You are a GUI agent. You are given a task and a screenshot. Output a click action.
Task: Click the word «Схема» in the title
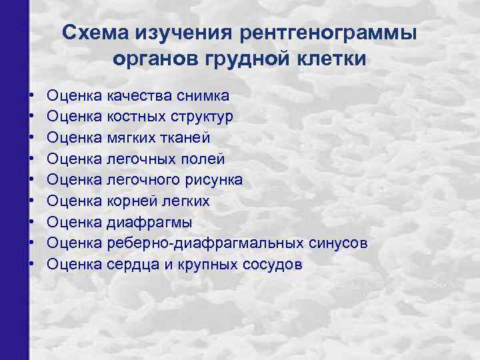coord(96,33)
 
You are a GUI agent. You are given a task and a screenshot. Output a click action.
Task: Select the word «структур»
coord(200,117)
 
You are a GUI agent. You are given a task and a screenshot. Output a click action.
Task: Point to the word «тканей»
coord(186,137)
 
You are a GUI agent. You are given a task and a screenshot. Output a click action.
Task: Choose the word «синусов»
coord(339,243)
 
